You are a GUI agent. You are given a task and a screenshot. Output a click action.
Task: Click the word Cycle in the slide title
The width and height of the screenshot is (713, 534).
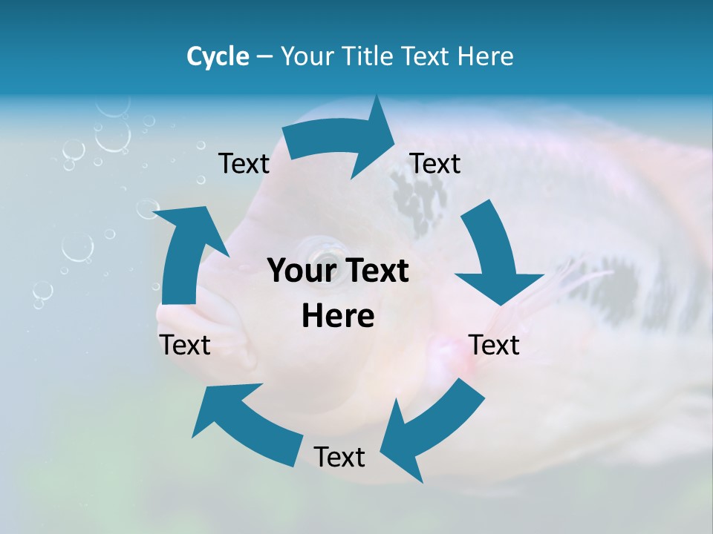click(218, 56)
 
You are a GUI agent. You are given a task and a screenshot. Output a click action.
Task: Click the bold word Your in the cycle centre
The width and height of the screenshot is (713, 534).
click(300, 271)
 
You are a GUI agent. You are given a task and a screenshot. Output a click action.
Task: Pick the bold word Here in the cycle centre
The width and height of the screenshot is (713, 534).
click(338, 317)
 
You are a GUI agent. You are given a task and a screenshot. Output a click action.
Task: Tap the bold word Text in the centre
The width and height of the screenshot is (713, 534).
click(375, 271)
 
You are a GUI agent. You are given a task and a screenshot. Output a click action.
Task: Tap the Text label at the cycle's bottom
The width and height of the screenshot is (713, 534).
click(339, 457)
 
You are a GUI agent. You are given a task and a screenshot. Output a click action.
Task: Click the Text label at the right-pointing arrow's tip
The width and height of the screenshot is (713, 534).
click(435, 163)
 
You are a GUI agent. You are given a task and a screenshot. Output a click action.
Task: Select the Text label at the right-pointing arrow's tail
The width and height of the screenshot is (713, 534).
click(244, 163)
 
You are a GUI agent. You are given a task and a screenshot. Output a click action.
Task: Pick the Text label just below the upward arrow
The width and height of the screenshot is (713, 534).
click(185, 345)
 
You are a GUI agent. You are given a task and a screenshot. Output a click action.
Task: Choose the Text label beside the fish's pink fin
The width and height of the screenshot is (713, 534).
click(495, 345)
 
